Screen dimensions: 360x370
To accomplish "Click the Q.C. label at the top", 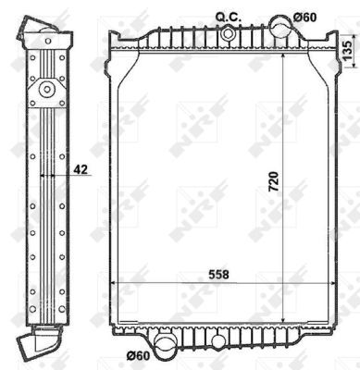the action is (x=228, y=18).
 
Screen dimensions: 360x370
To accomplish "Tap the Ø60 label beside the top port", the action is (x=304, y=18).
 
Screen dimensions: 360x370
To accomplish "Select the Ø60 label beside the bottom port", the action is (x=138, y=356).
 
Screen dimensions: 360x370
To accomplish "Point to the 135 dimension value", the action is (x=348, y=51).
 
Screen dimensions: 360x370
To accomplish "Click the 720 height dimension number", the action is (x=273, y=181).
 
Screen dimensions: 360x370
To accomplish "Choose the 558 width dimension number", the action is (x=218, y=274).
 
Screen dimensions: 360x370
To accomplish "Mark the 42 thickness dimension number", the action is (x=81, y=169).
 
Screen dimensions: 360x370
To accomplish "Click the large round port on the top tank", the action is (x=281, y=26).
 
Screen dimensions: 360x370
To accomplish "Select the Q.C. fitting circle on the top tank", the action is (x=228, y=33).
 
